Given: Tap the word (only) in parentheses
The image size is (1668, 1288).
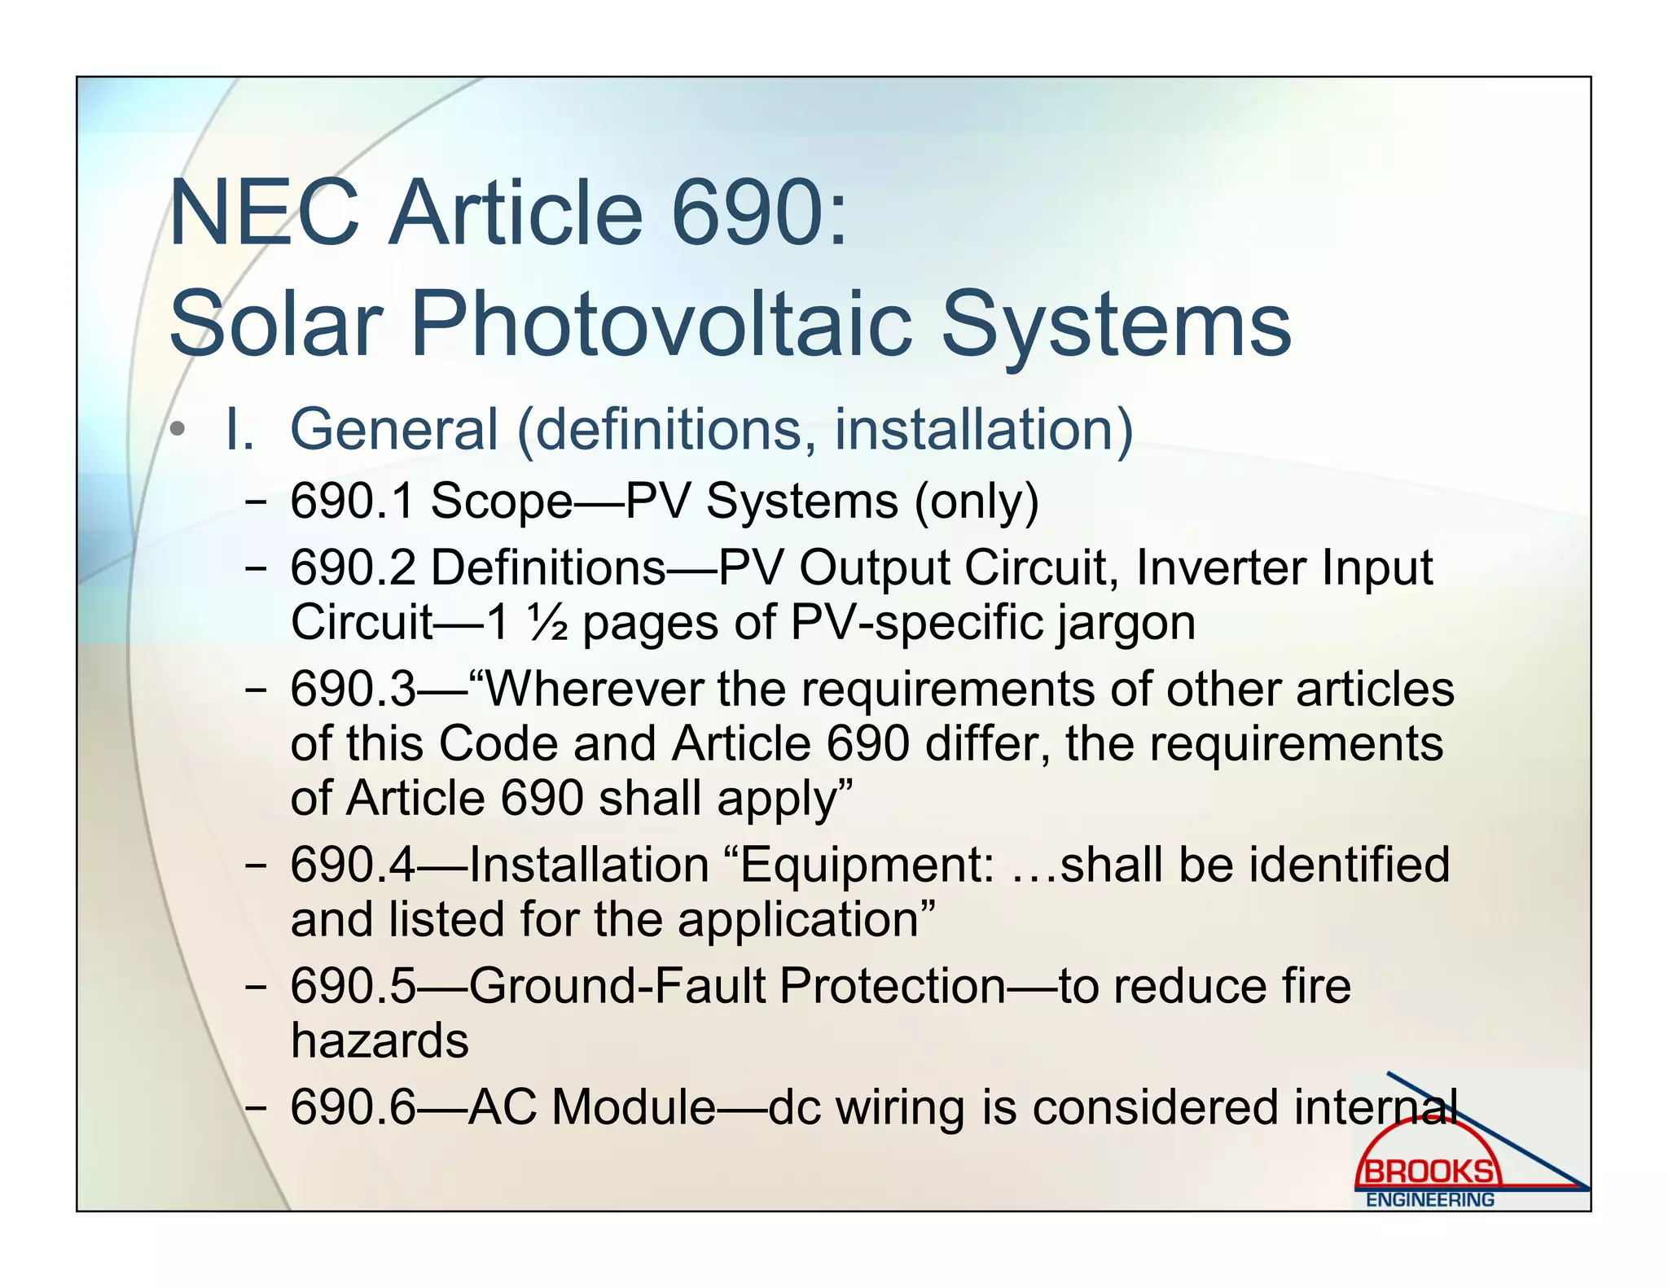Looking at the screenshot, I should tap(977, 502).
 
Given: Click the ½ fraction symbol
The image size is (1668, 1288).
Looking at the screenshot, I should tap(547, 623).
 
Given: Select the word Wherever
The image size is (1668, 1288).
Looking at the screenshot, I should tap(594, 689).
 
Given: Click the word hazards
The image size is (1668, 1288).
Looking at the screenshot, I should tap(380, 1040).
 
